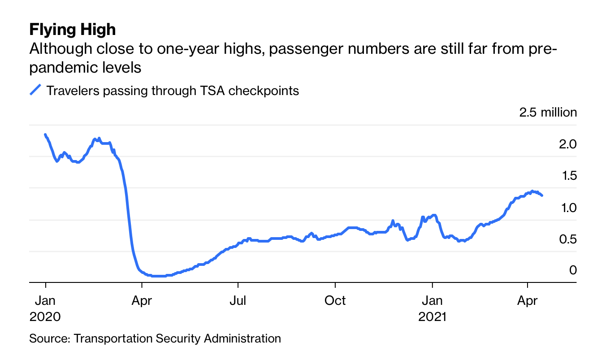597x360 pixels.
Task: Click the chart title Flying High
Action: pos(73,30)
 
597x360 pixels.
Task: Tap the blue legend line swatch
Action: pos(35,90)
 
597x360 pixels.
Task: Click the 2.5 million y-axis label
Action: pos(548,112)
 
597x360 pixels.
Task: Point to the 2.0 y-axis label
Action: pos(567,144)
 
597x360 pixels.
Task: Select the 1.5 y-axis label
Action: pos(567,176)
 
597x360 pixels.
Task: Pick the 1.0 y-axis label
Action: pos(567,208)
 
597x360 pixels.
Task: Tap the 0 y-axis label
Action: pos(572,270)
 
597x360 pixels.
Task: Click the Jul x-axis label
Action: pos(238,300)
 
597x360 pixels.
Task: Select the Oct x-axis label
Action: pos(335,300)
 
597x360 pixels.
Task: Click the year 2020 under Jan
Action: pos(45,317)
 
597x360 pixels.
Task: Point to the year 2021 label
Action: pos(433,317)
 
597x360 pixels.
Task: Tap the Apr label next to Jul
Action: pos(142,300)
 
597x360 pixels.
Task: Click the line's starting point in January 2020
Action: pos(45,134)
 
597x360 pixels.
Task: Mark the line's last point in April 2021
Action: pos(542,195)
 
